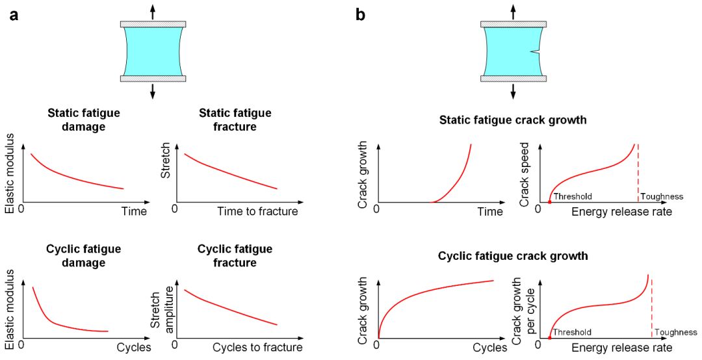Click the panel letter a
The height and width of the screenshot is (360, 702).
(14, 15)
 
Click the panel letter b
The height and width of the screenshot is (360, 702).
(361, 15)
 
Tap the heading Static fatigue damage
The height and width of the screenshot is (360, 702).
(84, 120)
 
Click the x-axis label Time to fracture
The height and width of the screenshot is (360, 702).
(258, 211)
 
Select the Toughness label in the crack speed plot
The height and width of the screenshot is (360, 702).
(662, 196)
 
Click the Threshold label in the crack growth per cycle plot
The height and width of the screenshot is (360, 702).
(572, 332)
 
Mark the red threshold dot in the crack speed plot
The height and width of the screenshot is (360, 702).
(550, 203)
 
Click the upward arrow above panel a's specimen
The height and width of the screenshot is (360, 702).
(153, 11)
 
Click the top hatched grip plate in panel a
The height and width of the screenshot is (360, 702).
(153, 25)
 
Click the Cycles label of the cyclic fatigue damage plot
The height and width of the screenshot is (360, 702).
(134, 348)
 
